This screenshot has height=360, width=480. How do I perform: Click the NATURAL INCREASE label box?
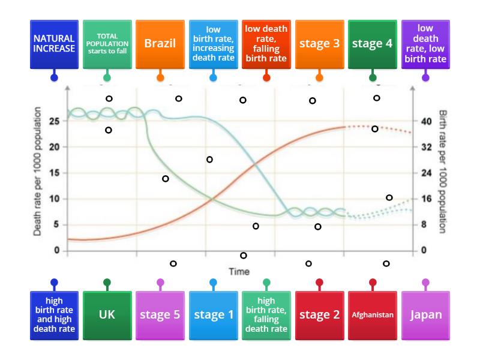click(54, 44)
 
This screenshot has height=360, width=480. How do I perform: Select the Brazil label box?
click(160, 44)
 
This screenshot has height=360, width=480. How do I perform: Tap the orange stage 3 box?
click(319, 44)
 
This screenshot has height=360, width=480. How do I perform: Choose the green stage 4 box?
click(372, 44)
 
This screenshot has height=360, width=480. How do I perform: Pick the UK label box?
click(107, 314)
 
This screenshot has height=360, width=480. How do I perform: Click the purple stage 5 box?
click(160, 314)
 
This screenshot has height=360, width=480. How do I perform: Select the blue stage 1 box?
click(213, 314)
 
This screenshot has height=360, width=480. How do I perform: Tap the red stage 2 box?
click(319, 314)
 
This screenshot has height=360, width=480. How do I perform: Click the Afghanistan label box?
click(372, 314)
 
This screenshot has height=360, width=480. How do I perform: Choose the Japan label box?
click(425, 314)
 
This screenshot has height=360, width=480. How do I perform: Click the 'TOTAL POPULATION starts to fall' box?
click(107, 44)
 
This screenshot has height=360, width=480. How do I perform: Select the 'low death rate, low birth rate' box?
click(425, 44)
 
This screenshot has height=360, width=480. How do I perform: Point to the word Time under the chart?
click(239, 272)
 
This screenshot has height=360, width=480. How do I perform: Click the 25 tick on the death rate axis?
click(55, 121)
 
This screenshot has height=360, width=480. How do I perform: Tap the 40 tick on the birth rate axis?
click(427, 121)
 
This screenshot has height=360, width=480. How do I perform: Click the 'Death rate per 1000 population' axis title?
click(37, 171)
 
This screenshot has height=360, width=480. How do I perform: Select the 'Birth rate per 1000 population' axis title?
click(443, 171)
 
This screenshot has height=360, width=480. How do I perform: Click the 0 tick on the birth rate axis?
click(424, 250)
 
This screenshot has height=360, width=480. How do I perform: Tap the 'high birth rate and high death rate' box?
click(54, 314)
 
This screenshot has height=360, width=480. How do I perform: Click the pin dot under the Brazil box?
click(160, 78)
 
